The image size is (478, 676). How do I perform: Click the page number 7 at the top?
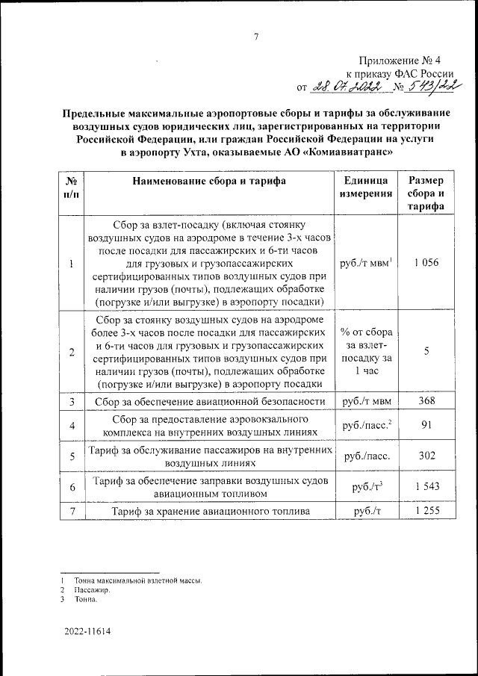coord(255,37)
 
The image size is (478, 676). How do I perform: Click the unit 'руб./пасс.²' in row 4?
coord(366,426)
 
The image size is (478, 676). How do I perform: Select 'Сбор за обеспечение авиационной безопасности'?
coord(210,402)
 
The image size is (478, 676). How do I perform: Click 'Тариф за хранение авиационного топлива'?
coord(210,512)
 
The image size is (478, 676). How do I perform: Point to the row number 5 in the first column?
coord(72,457)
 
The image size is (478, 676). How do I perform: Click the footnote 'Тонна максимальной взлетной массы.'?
coord(137,580)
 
